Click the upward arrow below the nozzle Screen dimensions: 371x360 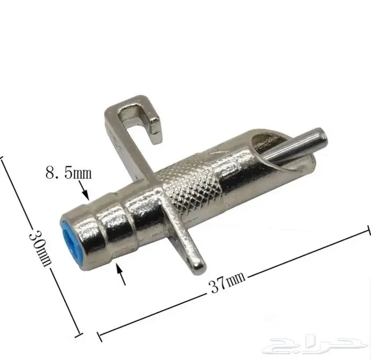click(x=121, y=274)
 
